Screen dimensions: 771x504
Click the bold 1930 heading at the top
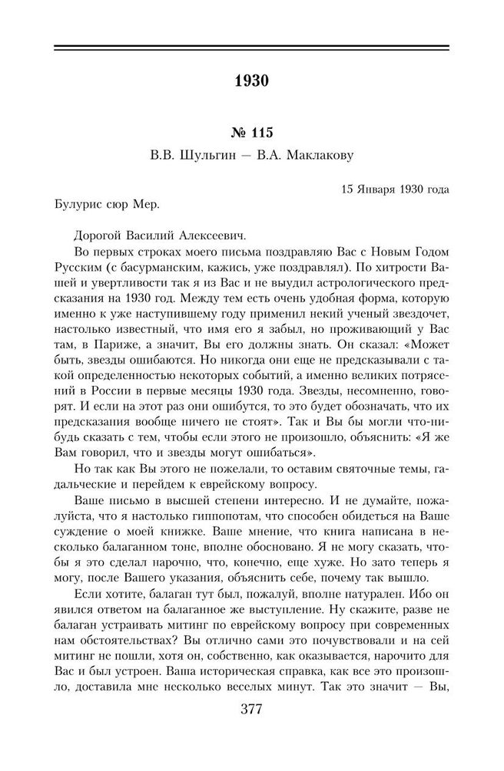[x=252, y=80]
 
